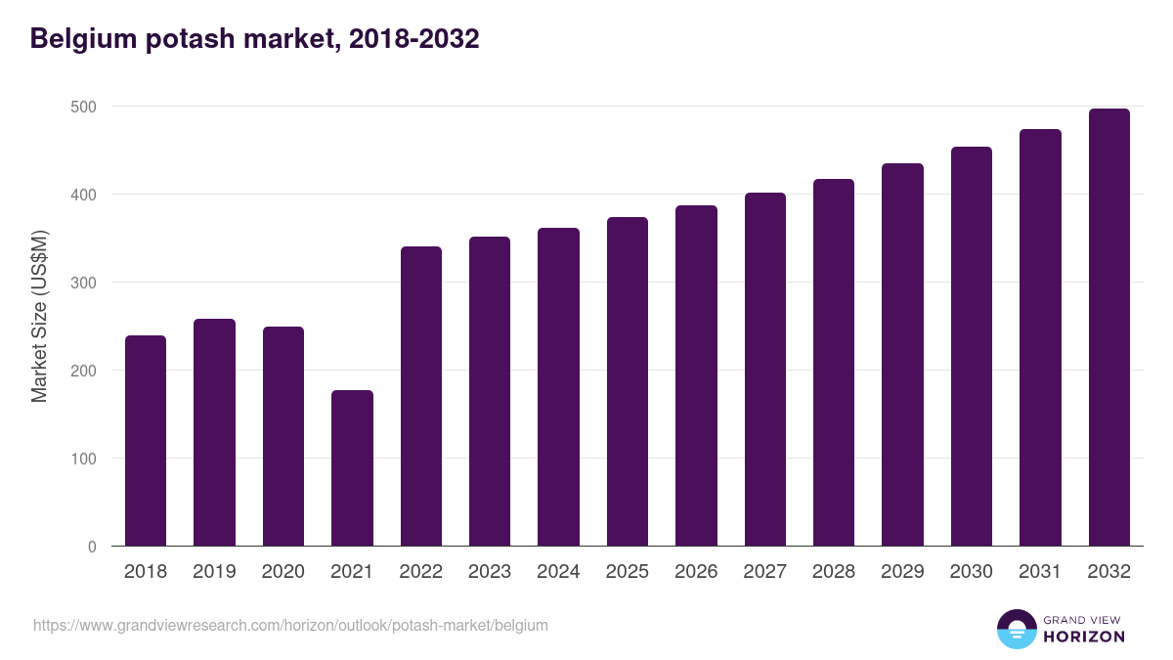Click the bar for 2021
click(x=352, y=468)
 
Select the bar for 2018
click(x=146, y=441)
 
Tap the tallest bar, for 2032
click(x=1108, y=328)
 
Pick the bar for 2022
click(x=420, y=396)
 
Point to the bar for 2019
click(x=214, y=432)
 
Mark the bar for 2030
click(x=971, y=346)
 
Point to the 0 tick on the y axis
click(x=92, y=547)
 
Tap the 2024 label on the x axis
click(x=558, y=572)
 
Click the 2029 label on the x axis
click(x=902, y=572)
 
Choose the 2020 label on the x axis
click(x=282, y=572)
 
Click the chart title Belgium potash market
click(x=255, y=39)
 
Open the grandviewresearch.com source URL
click(x=290, y=625)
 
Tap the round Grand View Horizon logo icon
click(x=1016, y=629)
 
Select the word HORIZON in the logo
click(x=1084, y=637)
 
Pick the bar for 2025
click(x=627, y=381)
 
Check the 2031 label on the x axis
click(x=1040, y=572)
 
